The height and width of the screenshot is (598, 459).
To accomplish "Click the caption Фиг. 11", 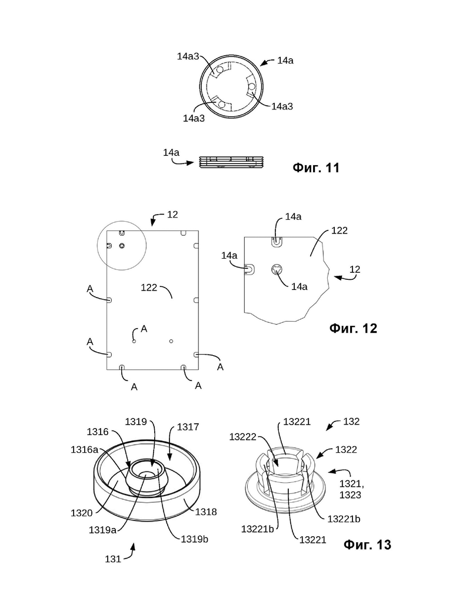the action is (x=316, y=168).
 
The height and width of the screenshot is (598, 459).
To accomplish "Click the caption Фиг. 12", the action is (x=353, y=328).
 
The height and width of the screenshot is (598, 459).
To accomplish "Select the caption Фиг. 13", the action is (x=367, y=544).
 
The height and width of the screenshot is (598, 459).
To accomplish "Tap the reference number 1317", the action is (x=188, y=427).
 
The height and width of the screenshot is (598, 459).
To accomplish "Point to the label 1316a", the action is (x=84, y=450).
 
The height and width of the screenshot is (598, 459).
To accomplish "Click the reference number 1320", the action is (x=82, y=513).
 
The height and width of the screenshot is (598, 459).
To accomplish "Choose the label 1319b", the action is (x=195, y=539).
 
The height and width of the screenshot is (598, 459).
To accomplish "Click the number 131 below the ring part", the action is (x=113, y=559).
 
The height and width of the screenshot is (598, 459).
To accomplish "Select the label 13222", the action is (x=242, y=437).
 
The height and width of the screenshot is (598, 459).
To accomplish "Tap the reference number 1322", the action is (x=346, y=450).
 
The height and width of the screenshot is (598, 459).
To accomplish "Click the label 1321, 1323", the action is (x=352, y=489).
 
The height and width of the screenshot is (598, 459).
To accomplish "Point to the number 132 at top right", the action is (x=351, y=422).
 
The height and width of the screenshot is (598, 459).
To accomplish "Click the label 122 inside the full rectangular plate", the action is (x=149, y=288).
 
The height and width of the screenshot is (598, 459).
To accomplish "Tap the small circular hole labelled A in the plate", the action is (x=134, y=341).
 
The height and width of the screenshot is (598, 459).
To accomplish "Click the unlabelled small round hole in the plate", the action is (x=171, y=341).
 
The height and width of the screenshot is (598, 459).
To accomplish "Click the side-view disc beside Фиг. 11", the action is (x=232, y=162).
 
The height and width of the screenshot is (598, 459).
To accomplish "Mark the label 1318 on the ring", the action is (x=206, y=512).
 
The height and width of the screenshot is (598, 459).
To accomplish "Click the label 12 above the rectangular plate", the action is (x=172, y=215).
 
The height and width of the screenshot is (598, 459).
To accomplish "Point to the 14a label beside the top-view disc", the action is (x=285, y=60).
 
